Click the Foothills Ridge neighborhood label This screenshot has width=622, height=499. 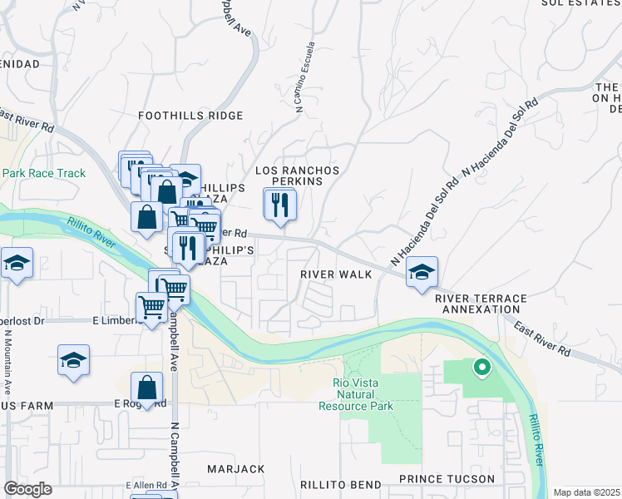click(x=190, y=116)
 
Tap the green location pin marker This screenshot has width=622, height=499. click(x=481, y=366)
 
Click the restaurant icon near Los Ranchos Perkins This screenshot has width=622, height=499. click(x=280, y=204)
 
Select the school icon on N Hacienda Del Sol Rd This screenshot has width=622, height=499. click(x=422, y=272)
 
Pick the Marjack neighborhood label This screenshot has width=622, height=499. click(x=235, y=470)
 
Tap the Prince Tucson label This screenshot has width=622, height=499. click(x=447, y=479)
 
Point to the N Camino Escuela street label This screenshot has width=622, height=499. click(x=304, y=86)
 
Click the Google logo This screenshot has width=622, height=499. click(x=27, y=489)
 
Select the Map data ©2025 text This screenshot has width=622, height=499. click(x=586, y=492)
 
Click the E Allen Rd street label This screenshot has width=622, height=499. click(x=146, y=485)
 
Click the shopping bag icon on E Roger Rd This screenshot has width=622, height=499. click(x=146, y=388)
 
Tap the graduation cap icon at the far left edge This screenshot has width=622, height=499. click(x=17, y=264)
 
